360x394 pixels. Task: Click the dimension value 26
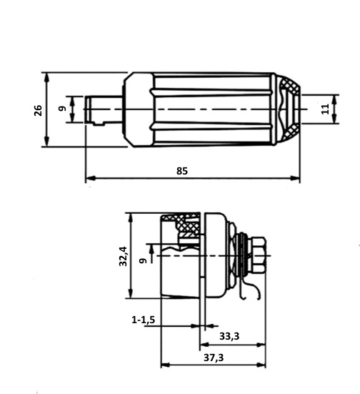click(x=38, y=110)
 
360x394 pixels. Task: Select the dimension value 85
click(x=182, y=171)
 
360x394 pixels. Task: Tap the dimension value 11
click(x=325, y=109)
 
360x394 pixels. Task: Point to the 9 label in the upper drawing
click(x=63, y=109)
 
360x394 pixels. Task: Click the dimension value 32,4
click(x=124, y=256)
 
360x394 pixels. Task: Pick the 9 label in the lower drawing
click(x=143, y=260)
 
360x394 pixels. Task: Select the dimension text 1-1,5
click(x=144, y=320)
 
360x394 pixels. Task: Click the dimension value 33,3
click(x=229, y=336)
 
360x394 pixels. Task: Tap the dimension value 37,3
click(x=214, y=358)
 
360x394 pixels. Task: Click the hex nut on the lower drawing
click(x=258, y=255)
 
